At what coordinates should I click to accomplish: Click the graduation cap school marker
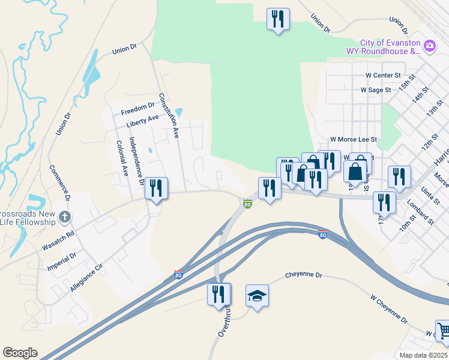pyautogui.click(x=257, y=296)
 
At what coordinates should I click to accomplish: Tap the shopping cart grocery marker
pyautogui.click(x=443, y=331)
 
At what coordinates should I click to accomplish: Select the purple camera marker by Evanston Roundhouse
pyautogui.click(x=429, y=45)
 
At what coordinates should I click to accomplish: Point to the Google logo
pyautogui.click(x=20, y=353)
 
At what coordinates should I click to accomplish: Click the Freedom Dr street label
pyautogui.click(x=137, y=109)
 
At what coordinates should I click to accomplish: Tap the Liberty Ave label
pyautogui.click(x=142, y=121)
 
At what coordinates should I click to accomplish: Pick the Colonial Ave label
pyautogui.click(x=122, y=158)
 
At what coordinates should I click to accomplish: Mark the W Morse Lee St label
pyautogui.click(x=353, y=139)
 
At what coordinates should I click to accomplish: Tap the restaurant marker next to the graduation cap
pyautogui.click(x=219, y=295)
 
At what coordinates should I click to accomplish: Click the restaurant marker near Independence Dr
pyautogui.click(x=156, y=188)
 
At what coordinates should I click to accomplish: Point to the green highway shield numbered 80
pyautogui.click(x=247, y=205)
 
